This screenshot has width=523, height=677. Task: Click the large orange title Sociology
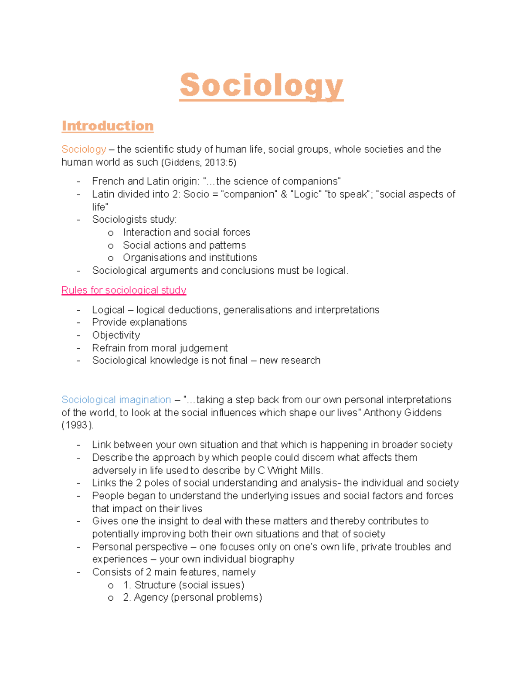(x=261, y=86)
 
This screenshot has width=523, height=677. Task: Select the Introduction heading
(x=107, y=126)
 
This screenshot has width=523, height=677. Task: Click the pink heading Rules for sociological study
(x=124, y=290)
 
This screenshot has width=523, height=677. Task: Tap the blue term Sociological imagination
(x=116, y=400)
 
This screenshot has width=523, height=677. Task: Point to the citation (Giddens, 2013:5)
(x=198, y=162)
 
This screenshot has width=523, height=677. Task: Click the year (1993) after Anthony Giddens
(x=77, y=425)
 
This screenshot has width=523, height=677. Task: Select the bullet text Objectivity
(x=116, y=335)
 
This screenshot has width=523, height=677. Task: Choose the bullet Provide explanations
(x=139, y=322)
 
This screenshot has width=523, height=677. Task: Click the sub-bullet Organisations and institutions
(x=190, y=258)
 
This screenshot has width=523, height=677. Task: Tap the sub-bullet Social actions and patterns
(x=184, y=245)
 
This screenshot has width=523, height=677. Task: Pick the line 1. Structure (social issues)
(x=183, y=585)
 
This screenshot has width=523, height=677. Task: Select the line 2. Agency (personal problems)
(x=192, y=598)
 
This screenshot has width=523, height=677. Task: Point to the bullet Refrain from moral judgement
(x=160, y=348)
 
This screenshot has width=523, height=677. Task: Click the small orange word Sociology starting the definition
(x=84, y=150)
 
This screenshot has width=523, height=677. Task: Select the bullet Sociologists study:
(x=134, y=220)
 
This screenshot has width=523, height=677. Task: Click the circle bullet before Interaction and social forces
(x=111, y=233)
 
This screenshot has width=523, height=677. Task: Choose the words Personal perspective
(x=139, y=547)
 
